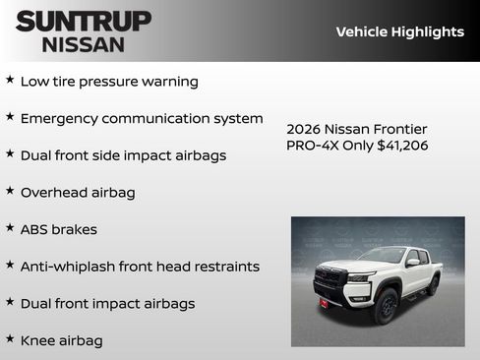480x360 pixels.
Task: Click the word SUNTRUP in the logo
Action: point(84,20)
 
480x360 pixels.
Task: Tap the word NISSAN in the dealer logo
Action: point(84,43)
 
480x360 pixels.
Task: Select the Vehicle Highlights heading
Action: point(399,31)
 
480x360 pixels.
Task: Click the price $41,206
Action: point(402,146)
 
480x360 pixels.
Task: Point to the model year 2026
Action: point(305,129)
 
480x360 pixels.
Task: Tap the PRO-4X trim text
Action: point(312,146)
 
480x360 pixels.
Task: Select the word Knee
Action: point(38,340)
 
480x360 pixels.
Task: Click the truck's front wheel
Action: point(385,306)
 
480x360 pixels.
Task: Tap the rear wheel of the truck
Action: point(433,285)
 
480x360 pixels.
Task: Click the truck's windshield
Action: point(384,256)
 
